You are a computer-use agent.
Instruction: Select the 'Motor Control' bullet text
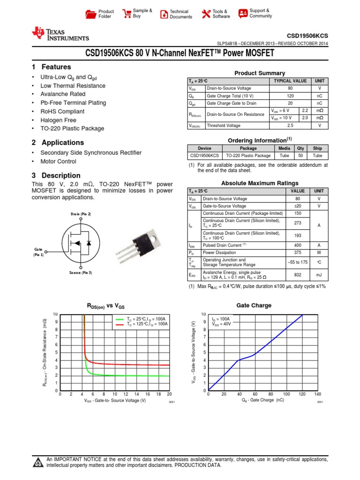click(x=58, y=161)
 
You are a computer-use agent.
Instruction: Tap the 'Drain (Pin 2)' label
click(x=81, y=214)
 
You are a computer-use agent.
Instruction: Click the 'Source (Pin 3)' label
click(x=81, y=272)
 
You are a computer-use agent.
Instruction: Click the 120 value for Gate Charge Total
click(x=290, y=96)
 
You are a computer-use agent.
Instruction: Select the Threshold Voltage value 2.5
click(x=290, y=126)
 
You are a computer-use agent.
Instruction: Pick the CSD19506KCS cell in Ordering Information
click(x=204, y=156)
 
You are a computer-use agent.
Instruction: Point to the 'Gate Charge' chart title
click(x=254, y=305)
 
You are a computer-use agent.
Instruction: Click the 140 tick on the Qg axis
click(x=318, y=394)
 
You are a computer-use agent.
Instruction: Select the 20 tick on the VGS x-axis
click(x=169, y=394)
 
